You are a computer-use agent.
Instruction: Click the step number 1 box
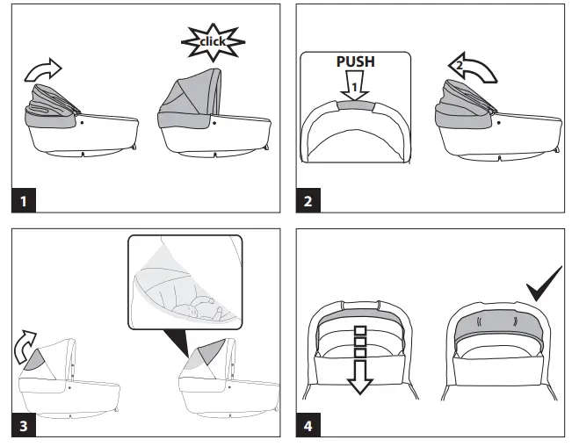[x=23, y=200]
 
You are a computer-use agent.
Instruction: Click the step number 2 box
[x=308, y=200]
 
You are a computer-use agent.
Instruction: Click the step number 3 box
[x=23, y=425]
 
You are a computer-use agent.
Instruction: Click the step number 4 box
[x=308, y=425]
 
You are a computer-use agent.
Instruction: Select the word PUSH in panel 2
[x=356, y=63]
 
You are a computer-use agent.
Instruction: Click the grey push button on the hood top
[x=356, y=104]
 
